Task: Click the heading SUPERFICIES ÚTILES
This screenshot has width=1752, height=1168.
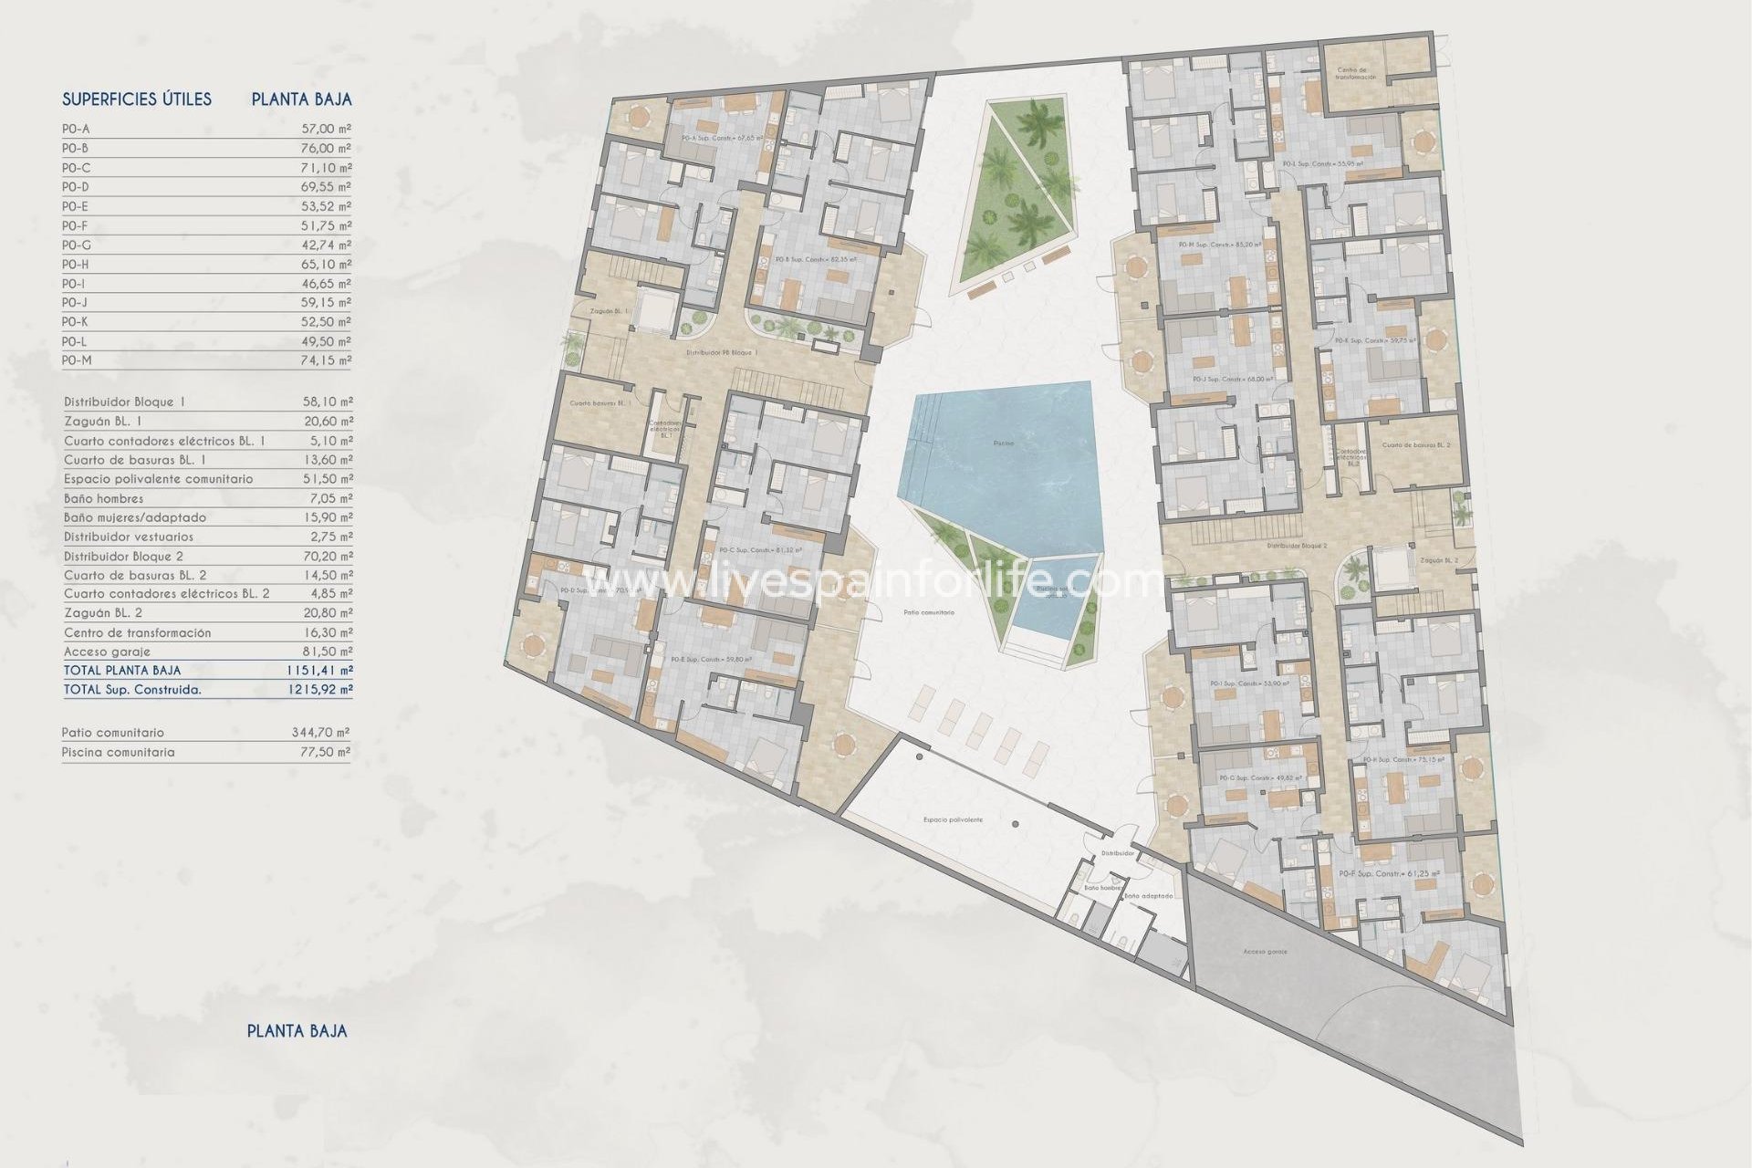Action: [137, 99]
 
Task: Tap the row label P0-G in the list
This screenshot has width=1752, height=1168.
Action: [77, 245]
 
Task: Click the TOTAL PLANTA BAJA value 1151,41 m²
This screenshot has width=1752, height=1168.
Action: [318, 671]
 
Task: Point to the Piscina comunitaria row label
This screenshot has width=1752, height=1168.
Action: [119, 753]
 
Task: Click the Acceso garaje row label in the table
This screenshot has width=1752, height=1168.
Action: [107, 652]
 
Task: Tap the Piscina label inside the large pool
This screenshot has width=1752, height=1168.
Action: [1003, 443]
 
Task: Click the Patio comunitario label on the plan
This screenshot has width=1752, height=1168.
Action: [928, 612]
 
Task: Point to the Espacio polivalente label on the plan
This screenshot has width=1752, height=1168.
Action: [953, 819]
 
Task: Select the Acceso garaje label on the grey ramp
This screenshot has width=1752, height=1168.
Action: [1265, 952]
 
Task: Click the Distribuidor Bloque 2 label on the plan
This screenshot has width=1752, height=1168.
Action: [1297, 546]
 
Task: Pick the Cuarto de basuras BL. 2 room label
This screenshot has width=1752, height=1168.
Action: [1415, 445]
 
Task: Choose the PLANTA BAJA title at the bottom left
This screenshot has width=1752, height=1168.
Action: [297, 1031]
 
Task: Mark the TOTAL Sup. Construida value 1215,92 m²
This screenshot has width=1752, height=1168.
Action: [318, 690]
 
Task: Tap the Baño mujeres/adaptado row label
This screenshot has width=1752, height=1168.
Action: [135, 517]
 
